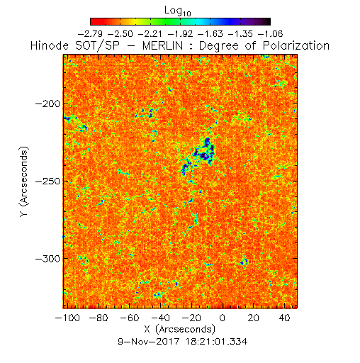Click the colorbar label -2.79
90,34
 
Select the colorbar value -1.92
181,34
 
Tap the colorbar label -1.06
271,34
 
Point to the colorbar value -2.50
120,34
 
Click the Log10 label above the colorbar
178,11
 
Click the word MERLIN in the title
162,45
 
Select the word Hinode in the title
50,45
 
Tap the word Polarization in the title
296,45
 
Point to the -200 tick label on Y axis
47,104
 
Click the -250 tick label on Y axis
47,181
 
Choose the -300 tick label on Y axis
47,259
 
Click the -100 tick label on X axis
67,318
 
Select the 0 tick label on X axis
223,318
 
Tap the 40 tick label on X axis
284,318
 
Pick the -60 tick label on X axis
130,318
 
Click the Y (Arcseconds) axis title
24,181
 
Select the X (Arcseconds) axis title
180,329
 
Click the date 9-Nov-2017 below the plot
149,342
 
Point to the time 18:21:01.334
217,342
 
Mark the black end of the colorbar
267,21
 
